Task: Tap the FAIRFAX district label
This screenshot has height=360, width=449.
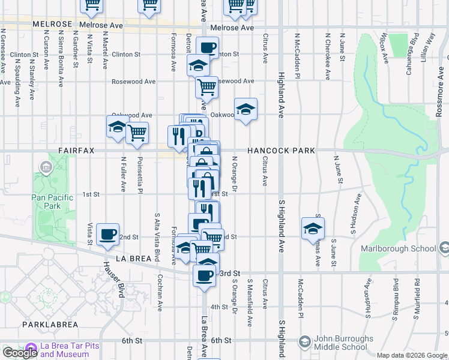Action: point(76,151)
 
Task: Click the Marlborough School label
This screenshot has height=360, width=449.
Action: point(399,248)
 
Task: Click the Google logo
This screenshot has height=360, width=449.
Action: point(20,353)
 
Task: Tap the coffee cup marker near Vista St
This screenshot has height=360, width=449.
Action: point(108,234)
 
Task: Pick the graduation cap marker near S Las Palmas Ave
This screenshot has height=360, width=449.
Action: point(313,228)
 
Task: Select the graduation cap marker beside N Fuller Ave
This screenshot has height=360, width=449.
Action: point(117,127)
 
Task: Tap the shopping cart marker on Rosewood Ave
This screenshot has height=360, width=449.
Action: point(206,86)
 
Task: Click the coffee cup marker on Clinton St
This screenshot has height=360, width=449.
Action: point(207,47)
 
